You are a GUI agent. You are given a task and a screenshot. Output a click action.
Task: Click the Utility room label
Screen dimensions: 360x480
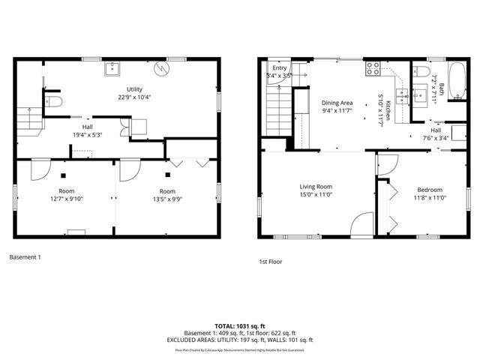(x=135, y=90)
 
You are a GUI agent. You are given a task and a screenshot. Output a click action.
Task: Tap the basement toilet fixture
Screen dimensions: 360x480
(x=52, y=101)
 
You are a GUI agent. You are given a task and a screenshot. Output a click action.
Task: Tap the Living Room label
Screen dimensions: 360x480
(x=316, y=187)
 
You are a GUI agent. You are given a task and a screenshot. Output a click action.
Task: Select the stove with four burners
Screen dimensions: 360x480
(x=373, y=70)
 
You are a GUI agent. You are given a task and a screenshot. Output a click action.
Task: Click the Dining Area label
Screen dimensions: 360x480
(x=337, y=103)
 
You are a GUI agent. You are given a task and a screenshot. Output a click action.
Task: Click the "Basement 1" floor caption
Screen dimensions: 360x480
(x=25, y=258)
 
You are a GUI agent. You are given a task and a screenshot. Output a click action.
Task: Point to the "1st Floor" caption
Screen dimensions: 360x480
(x=270, y=262)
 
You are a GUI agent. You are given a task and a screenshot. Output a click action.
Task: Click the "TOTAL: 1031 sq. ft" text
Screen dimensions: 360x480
(x=241, y=325)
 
